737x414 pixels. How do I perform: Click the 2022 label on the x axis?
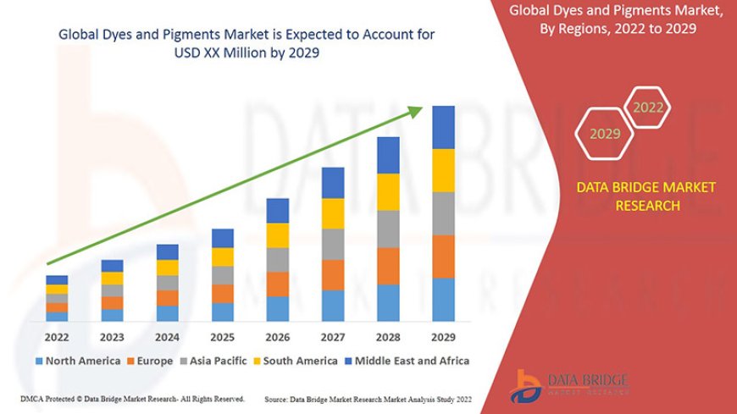point(57,336)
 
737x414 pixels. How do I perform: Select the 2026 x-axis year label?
point(277,336)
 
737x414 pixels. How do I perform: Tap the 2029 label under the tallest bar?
point(443,336)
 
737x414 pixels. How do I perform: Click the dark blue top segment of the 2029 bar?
point(443,127)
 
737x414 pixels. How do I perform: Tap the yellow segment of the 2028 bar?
point(388,191)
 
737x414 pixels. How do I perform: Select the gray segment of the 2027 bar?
point(333,244)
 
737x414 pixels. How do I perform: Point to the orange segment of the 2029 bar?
point(443,257)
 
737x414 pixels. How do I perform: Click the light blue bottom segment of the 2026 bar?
point(278,309)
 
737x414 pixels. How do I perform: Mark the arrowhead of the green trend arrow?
point(421,111)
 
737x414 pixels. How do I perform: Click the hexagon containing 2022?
point(648,108)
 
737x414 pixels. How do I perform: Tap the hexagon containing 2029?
point(605,134)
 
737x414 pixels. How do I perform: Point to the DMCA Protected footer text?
point(132,398)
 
